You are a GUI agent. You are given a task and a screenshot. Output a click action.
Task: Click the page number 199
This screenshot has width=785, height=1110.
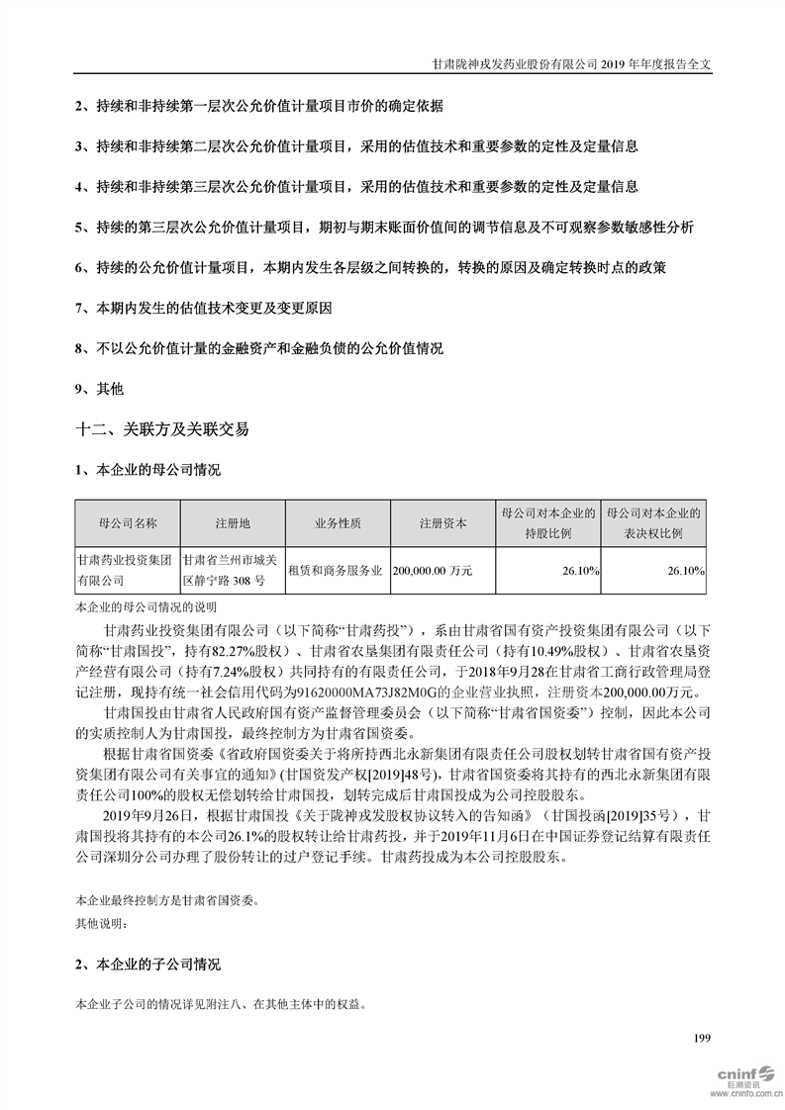click(x=703, y=1038)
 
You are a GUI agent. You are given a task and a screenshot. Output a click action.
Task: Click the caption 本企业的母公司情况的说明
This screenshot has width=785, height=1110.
click(x=145, y=606)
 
